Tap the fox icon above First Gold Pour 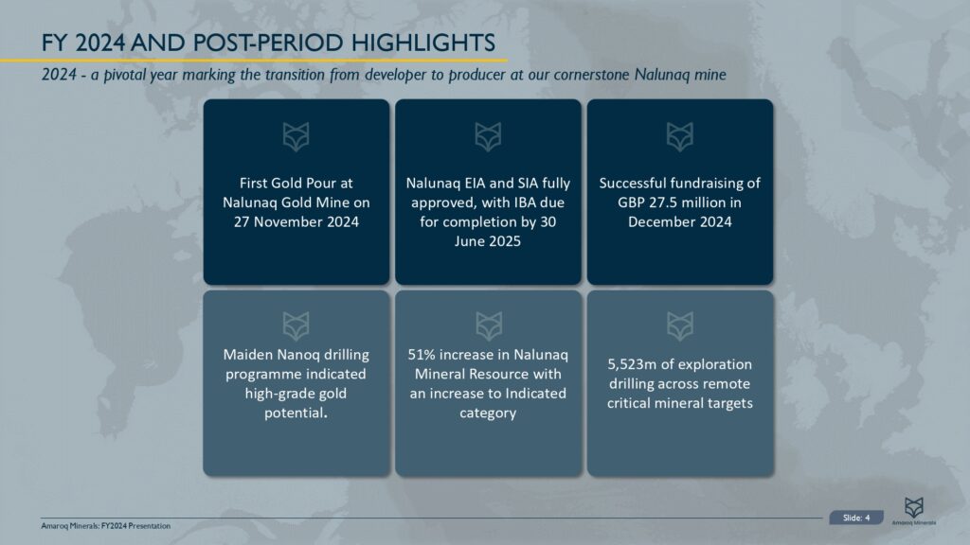click(296, 137)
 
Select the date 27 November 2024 click(296, 220)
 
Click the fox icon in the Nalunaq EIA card click(488, 137)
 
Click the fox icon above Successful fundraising click(680, 137)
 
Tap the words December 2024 click(679, 221)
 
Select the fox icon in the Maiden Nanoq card click(296, 326)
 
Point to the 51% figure click(424, 355)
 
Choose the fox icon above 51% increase click(488, 326)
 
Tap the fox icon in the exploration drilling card click(680, 326)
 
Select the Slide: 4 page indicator click(855, 517)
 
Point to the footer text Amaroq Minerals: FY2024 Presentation click(106, 525)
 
